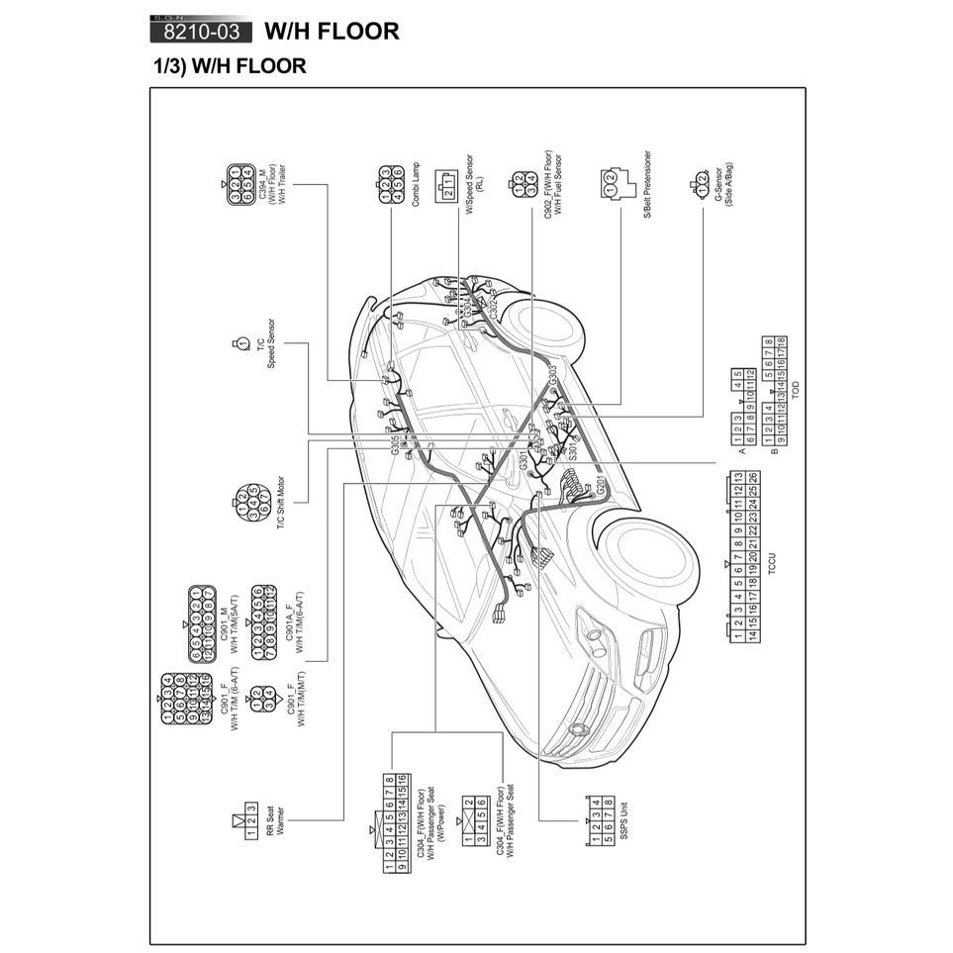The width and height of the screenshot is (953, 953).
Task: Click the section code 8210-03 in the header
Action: (x=201, y=31)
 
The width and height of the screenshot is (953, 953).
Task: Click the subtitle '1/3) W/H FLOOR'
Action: (x=230, y=66)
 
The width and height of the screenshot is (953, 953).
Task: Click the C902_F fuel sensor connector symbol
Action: (x=524, y=183)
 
